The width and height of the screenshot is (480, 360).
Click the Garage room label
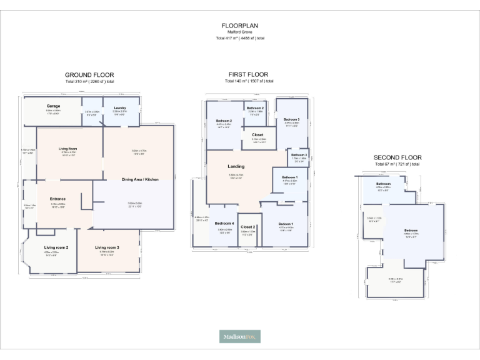click(x=53, y=106)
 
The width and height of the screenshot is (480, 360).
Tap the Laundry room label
click(x=120, y=107)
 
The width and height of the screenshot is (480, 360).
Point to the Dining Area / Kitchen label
click(x=140, y=179)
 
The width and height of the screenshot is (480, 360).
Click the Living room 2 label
click(x=56, y=247)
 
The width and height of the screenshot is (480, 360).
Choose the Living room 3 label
click(x=107, y=247)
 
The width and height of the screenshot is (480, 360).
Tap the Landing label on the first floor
click(x=236, y=166)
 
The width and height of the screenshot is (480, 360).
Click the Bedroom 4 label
click(x=225, y=223)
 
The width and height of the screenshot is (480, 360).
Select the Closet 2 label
click(x=247, y=226)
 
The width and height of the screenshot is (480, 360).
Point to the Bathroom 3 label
click(x=299, y=154)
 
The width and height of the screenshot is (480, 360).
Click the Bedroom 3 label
click(x=292, y=119)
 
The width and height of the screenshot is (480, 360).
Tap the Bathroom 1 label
click(x=290, y=177)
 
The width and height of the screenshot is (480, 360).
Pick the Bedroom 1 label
click(x=285, y=224)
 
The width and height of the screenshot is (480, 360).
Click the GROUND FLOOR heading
click(x=90, y=74)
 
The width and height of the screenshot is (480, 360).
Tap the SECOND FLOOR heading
click(x=397, y=157)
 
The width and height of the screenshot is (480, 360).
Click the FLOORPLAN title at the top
click(x=240, y=26)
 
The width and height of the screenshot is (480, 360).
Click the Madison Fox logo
click(x=240, y=336)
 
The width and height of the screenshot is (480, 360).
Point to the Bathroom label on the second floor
click(x=383, y=184)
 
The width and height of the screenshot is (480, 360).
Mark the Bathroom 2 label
click(x=255, y=108)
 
